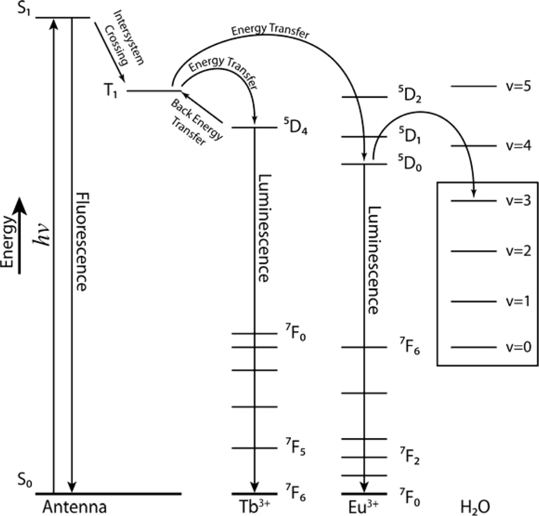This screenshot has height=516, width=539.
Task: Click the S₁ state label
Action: tap(10, 10)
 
